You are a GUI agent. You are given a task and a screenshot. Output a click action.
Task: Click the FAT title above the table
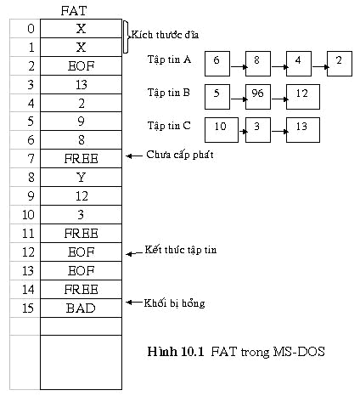pos(74,11)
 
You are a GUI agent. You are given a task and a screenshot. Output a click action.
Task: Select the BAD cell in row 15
pos(81,308)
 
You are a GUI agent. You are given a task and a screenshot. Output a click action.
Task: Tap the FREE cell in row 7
pos(81,159)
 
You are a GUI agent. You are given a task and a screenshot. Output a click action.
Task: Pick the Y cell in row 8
pos(81,178)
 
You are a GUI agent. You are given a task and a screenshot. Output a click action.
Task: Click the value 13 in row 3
pos(82,85)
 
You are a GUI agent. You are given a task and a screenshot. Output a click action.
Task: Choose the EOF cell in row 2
pos(81,66)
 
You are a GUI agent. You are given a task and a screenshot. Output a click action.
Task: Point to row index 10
pos(28,215)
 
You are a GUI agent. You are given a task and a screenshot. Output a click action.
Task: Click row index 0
pos(31,29)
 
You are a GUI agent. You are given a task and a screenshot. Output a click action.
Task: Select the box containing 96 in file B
pos(258,97)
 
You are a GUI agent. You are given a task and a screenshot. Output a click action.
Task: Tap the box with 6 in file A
pos(217,64)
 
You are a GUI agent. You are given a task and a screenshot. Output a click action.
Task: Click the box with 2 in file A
pos(340,64)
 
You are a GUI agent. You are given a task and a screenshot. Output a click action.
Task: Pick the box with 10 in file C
pos(222,130)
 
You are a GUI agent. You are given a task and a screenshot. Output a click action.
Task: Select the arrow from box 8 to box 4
pos(279,67)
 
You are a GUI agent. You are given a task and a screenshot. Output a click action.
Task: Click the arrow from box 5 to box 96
pos(239,99)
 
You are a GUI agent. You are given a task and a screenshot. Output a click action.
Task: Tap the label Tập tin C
pos(169,126)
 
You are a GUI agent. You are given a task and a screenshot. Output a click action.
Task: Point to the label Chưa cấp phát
pos(180,155)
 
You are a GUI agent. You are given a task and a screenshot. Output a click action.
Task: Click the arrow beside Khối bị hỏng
pos(134,303)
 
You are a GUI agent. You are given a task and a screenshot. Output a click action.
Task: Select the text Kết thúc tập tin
pos(181,250)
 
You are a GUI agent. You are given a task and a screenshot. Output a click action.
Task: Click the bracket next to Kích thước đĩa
pos(127,37)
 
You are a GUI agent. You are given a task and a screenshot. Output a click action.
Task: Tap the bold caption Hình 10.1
pos(176,352)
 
